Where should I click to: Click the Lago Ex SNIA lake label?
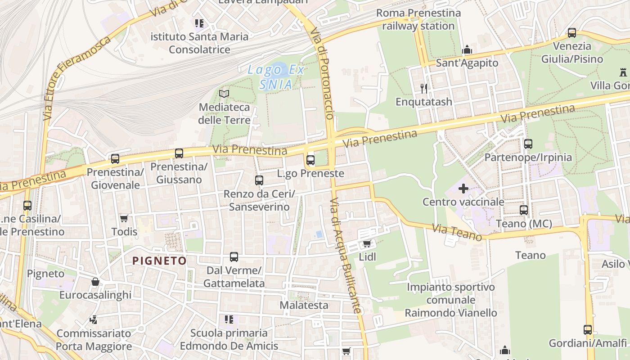[x=276, y=77]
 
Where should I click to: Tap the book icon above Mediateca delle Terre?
[x=224, y=94]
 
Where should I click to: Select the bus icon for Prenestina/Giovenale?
[x=115, y=158]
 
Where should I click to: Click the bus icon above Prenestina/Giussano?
[x=179, y=153]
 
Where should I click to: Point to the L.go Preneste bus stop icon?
[x=310, y=160]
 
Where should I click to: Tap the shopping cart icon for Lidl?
[x=367, y=244]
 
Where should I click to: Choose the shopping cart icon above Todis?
[x=124, y=218]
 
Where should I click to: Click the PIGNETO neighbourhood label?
[x=159, y=261]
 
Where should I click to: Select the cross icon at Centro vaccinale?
[x=463, y=189]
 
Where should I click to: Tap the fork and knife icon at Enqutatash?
[x=423, y=88]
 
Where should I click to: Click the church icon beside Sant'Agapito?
[x=467, y=49]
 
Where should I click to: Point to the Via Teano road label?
[x=457, y=233]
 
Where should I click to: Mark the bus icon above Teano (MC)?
[x=524, y=210]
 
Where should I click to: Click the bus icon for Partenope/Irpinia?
[x=528, y=144]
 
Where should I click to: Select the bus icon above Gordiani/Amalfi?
[x=588, y=329]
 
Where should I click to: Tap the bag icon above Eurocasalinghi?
[x=95, y=282]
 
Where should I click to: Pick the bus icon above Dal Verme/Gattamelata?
[x=234, y=257]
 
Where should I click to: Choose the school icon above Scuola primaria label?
[x=229, y=319]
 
